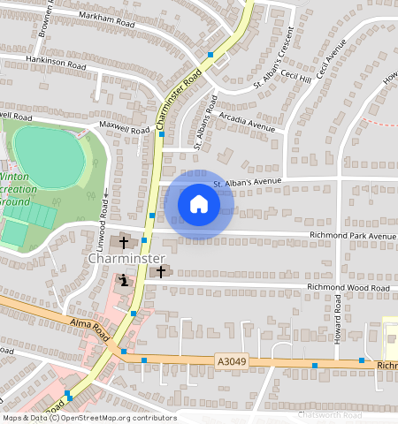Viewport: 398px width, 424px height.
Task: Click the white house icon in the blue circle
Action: (199, 205)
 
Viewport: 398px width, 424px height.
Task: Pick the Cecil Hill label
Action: (295, 78)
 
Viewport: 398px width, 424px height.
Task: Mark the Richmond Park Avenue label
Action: (352, 236)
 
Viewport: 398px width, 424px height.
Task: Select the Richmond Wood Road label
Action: (348, 288)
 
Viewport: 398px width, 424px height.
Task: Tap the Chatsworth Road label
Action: (331, 415)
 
